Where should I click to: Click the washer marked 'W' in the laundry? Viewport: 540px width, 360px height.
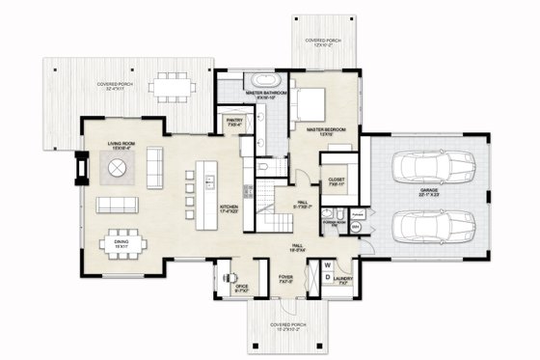(x=327, y=263)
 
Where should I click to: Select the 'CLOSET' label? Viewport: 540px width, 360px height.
(x=337, y=180)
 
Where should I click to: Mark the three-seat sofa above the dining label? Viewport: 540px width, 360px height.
(x=116, y=205)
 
